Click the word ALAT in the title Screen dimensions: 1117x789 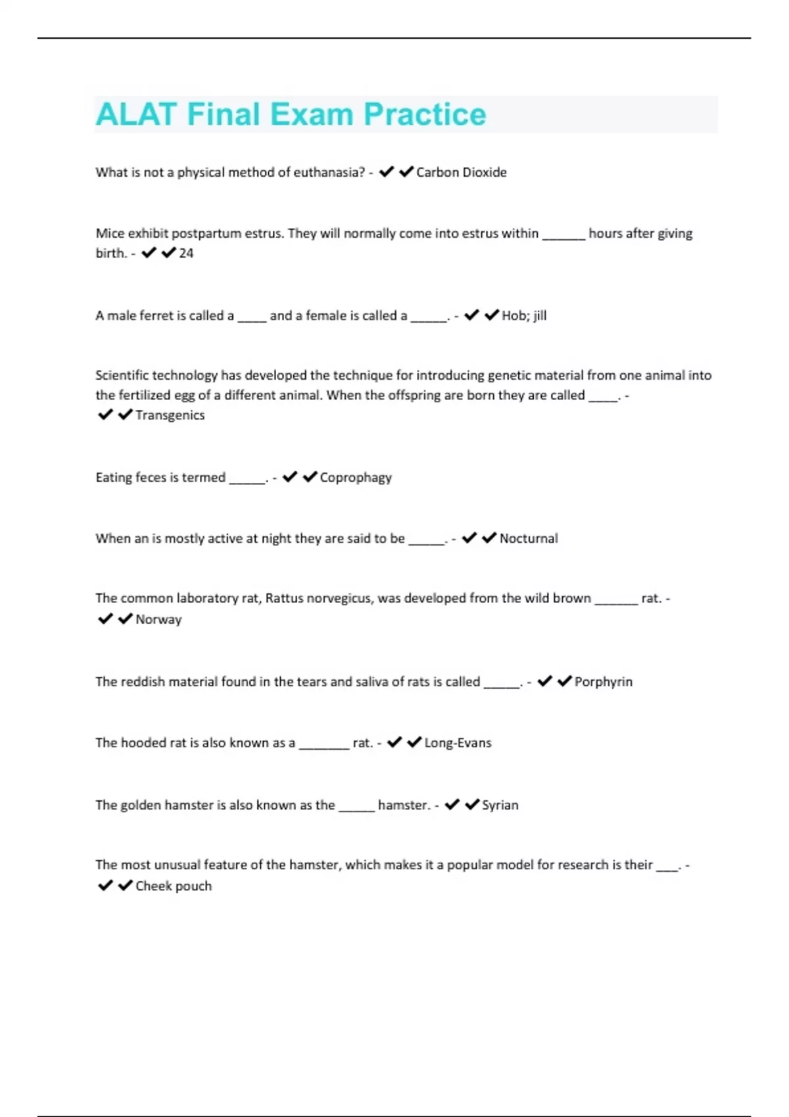pyautogui.click(x=136, y=114)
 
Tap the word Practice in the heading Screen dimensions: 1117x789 pyautogui.click(x=425, y=114)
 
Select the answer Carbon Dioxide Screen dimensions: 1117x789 pyautogui.click(x=461, y=172)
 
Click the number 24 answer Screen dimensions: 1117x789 pyautogui.click(x=186, y=253)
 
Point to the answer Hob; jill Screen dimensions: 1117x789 pyautogui.click(x=524, y=315)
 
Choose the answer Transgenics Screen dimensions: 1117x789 pyautogui.click(x=170, y=415)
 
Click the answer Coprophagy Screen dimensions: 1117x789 pyautogui.click(x=356, y=478)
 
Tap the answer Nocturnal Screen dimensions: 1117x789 pyautogui.click(x=529, y=539)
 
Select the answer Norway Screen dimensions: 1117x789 pyautogui.click(x=158, y=620)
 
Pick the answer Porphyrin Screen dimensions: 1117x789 pyautogui.click(x=603, y=682)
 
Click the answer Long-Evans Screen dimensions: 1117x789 pyautogui.click(x=458, y=743)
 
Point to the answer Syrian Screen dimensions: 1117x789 pyautogui.click(x=500, y=806)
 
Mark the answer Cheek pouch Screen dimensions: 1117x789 pyautogui.click(x=174, y=886)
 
